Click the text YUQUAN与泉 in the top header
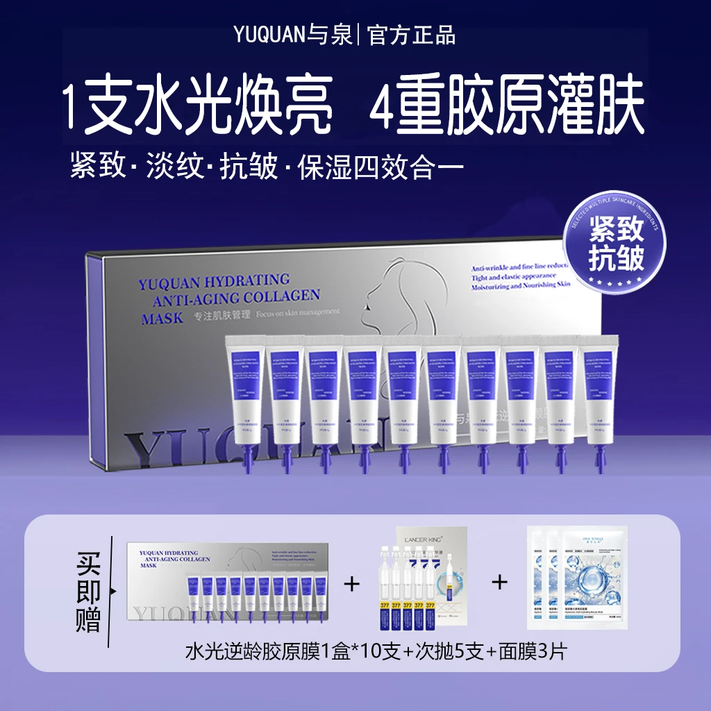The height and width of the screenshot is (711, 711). pyautogui.click(x=292, y=35)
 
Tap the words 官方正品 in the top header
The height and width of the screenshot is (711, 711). pyautogui.click(x=410, y=35)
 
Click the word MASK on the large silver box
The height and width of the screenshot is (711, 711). pyautogui.click(x=162, y=317)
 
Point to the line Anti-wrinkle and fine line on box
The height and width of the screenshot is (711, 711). pyautogui.click(x=520, y=267)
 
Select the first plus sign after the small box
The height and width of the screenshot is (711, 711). pyautogui.click(x=353, y=583)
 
